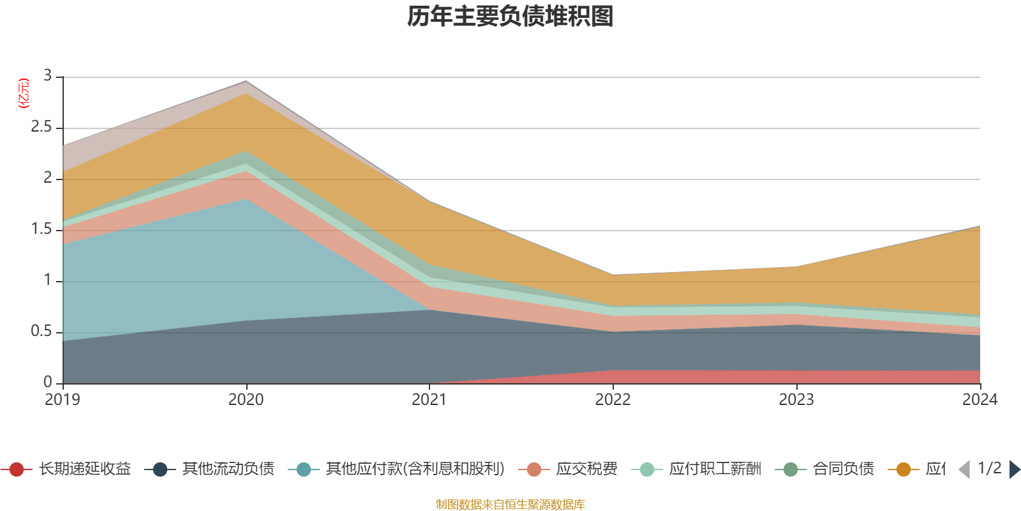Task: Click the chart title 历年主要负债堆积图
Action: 511,17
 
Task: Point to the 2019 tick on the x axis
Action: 63,400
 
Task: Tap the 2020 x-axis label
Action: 246,400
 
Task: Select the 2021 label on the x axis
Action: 429,400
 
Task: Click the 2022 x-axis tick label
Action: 613,400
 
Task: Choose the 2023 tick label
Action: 796,400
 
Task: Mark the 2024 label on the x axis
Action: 980,400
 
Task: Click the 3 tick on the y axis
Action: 48,76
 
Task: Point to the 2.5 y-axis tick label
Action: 41,127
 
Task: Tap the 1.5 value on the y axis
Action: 41,229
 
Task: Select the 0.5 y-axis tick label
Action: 41,332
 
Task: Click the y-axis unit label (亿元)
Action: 24,93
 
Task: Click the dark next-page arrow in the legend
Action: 1014,469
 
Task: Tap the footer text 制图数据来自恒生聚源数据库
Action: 511,505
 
